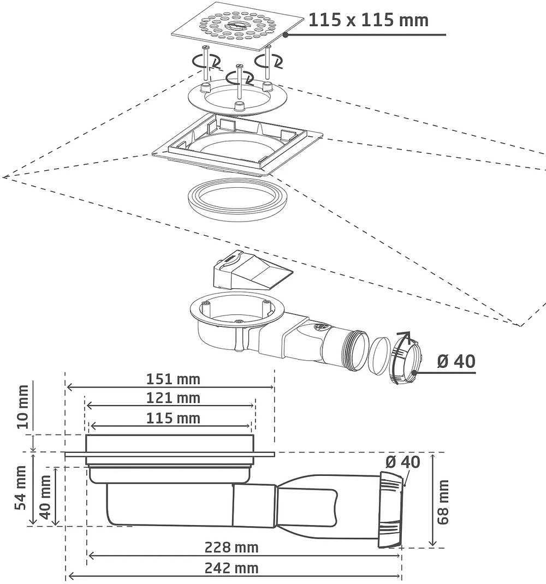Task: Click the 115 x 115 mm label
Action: click(x=368, y=20)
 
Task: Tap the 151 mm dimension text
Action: click(x=173, y=379)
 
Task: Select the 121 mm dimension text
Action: click(x=173, y=398)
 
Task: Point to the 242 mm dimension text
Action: click(x=231, y=568)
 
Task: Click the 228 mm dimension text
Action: click(x=231, y=547)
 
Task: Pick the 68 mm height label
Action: click(x=442, y=502)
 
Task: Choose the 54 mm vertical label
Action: click(x=21, y=487)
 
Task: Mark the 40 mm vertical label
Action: click(x=45, y=497)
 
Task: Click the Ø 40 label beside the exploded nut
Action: click(x=456, y=361)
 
